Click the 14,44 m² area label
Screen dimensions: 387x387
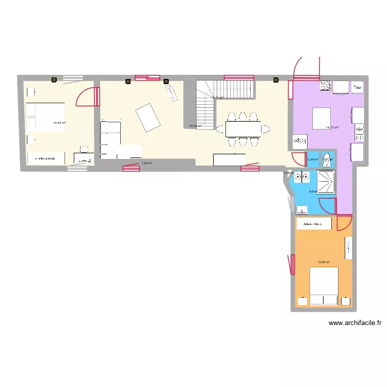coord(59,123)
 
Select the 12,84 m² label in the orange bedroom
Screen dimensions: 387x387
coord(324,262)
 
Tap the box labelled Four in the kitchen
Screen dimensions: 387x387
coord(358,88)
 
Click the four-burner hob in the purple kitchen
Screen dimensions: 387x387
coord(326,86)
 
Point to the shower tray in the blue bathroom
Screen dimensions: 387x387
coord(325,182)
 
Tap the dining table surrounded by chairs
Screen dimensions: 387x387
coord(243,128)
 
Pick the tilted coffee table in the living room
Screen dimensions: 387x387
coord(147,117)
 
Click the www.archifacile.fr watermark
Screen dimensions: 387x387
coord(355,324)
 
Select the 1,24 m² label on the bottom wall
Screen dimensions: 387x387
coord(147,164)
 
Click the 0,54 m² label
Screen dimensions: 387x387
coord(313,159)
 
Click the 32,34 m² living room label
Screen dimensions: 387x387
coord(195,125)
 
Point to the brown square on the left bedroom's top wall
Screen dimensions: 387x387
coord(54,80)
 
